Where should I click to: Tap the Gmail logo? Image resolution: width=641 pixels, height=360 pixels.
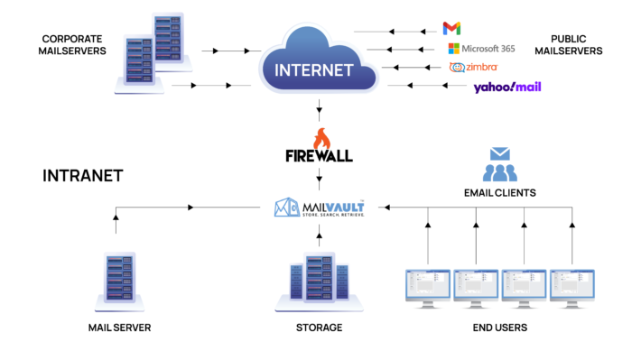(451, 29)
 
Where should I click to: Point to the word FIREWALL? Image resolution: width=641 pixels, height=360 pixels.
(320, 155)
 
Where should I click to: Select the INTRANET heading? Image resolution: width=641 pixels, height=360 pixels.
(82, 176)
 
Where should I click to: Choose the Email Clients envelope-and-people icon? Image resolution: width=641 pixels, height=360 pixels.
(499, 164)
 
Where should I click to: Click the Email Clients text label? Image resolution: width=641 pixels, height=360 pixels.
(499, 192)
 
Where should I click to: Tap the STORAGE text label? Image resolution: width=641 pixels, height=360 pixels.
(319, 327)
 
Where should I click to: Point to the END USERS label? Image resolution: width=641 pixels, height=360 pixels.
(499, 327)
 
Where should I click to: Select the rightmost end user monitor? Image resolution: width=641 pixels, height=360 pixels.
(572, 287)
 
